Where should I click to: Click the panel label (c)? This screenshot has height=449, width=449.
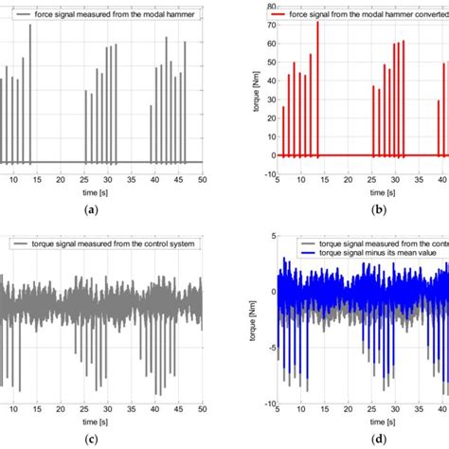(101, 437)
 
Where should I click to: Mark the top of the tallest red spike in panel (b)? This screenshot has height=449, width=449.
(317, 21)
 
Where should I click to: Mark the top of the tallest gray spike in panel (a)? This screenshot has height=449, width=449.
(29, 25)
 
